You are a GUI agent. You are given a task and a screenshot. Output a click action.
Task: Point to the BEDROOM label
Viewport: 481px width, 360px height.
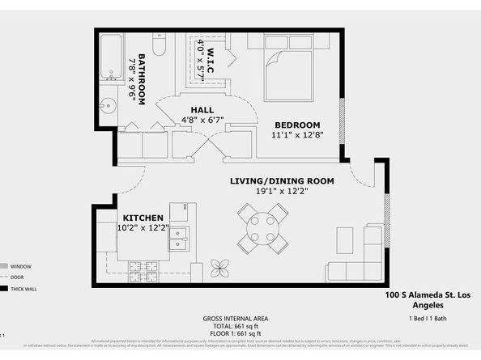click(297, 124)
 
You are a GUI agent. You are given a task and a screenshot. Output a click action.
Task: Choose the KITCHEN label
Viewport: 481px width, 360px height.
click(143, 218)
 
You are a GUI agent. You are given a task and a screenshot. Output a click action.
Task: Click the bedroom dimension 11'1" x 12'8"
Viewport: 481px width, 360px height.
click(297, 135)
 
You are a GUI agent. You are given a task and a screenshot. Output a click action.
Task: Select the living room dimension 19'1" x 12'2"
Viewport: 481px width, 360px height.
click(271, 192)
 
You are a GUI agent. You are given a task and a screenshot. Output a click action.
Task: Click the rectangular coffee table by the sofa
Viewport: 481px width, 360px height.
click(344, 240)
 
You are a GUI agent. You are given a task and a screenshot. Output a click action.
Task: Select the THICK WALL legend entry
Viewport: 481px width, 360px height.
click(22, 288)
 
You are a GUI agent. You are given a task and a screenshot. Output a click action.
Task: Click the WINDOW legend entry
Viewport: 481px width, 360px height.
click(19, 265)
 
